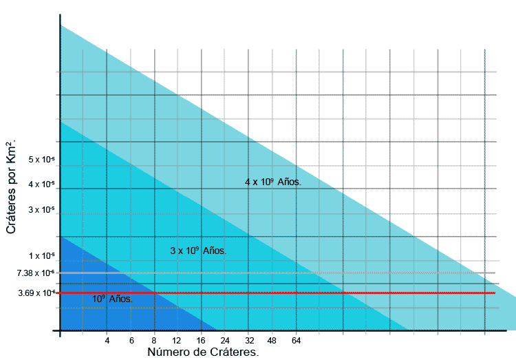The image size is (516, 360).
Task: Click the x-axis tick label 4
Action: pos(107,341)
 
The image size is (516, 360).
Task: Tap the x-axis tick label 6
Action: pos(131,341)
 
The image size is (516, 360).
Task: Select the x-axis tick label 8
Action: pos(154,341)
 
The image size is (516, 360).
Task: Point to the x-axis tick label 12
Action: pos(178,341)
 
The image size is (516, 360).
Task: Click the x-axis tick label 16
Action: pos(201,341)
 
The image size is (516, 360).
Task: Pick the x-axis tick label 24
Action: pos(225,341)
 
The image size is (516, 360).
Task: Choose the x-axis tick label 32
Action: pos(249,341)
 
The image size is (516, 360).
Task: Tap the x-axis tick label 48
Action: pos(272,341)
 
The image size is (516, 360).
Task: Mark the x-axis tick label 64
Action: pos(297,341)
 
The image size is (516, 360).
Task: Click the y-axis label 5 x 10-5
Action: pos(41,160)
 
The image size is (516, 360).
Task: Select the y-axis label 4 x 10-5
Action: pos(41,184)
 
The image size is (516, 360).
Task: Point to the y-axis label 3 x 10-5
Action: pos(41,209)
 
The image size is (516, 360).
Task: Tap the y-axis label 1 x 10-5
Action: pos(41,256)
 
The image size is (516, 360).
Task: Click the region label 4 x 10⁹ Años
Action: pos(273,182)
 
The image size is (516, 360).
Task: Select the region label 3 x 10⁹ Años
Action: pos(198,251)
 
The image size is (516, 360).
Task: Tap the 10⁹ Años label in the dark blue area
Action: pos(112,299)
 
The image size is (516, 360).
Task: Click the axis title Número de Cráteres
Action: pos(203,352)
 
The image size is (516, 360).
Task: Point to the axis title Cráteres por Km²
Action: pos(12,187)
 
